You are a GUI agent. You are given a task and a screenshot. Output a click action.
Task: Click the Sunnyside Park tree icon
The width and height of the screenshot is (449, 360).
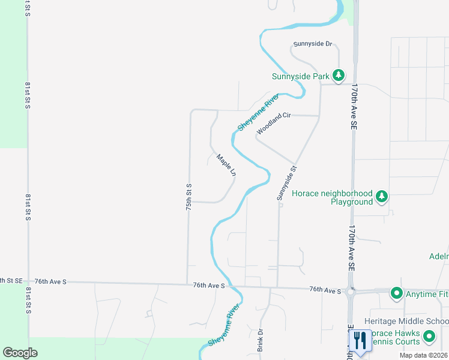tap(339, 76)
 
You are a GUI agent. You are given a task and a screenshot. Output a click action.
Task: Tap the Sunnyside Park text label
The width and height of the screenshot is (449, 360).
tap(301, 76)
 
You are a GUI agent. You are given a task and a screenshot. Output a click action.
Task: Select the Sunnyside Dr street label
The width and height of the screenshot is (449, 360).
tap(312, 44)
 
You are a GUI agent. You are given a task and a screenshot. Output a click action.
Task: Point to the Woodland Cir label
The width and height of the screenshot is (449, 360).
tap(274, 123)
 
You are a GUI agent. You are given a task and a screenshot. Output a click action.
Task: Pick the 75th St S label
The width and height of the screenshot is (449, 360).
tap(188, 196)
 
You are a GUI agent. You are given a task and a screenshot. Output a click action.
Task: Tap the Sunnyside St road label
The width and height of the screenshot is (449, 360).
tap(287, 184)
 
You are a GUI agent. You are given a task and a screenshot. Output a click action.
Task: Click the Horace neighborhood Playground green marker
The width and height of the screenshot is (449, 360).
tap(382, 196)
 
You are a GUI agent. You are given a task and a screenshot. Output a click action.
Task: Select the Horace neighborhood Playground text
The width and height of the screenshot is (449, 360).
tap(332, 198)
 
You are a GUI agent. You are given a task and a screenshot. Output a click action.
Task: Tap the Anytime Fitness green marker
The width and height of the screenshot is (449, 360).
tap(396, 293)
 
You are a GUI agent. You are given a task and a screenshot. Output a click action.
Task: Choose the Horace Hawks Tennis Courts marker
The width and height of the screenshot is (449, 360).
tap(429, 337)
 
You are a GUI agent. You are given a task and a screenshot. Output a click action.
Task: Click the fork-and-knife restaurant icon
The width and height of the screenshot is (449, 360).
tap(360, 341)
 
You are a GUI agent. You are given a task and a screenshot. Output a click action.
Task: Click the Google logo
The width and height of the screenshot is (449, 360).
tap(20, 353)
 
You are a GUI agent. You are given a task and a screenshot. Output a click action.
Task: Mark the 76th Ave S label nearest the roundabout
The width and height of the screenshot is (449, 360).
tap(325, 290)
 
